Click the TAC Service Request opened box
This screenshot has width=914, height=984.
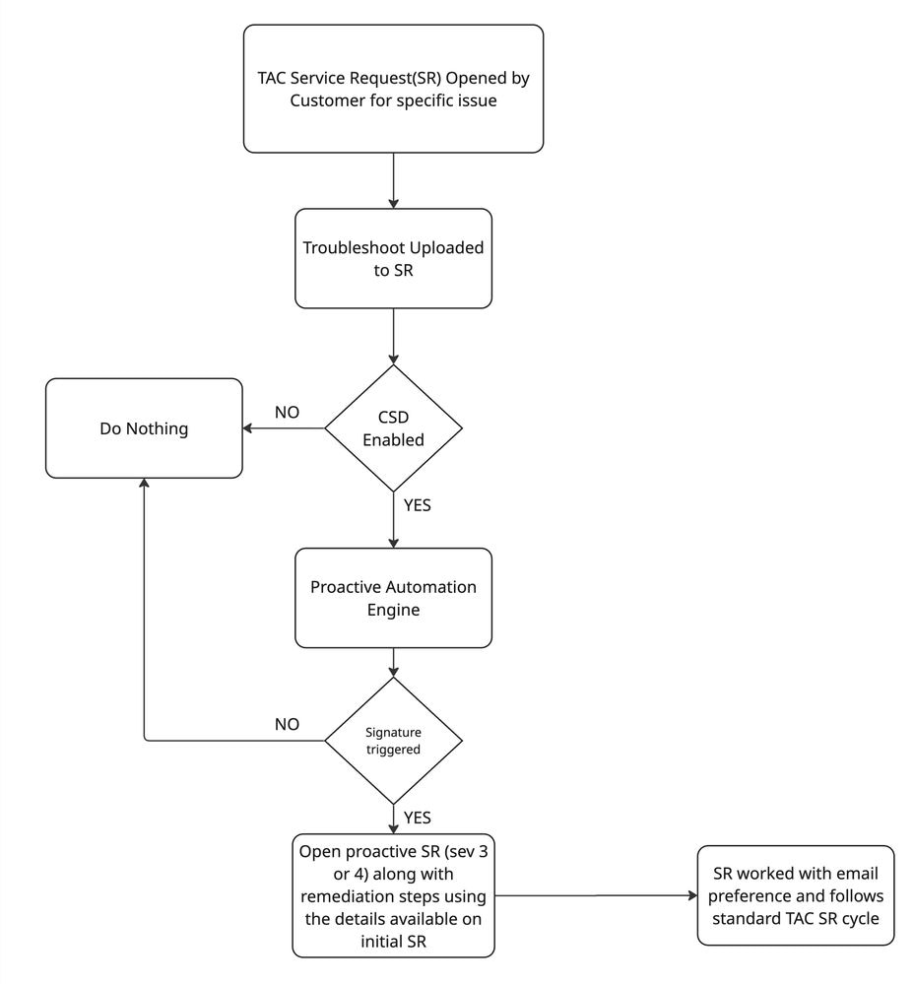pyautogui.click(x=393, y=89)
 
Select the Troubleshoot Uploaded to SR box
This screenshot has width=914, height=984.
pyautogui.click(x=393, y=258)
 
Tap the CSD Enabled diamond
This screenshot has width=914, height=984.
pyautogui.click(x=393, y=428)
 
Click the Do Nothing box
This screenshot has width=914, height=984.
pyautogui.click(x=144, y=428)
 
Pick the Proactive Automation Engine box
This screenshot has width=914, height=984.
pyautogui.click(x=393, y=598)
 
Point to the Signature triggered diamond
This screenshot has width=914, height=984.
pyautogui.click(x=393, y=741)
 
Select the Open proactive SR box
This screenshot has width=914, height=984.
pyautogui.click(x=393, y=895)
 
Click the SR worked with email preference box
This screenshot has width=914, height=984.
pyautogui.click(x=796, y=895)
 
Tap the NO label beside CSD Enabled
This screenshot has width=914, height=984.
pyautogui.click(x=287, y=412)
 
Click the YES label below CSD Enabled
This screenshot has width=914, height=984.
pyautogui.click(x=418, y=506)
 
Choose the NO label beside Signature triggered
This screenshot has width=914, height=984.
pyautogui.click(x=287, y=724)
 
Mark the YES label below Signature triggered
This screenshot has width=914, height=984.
pyautogui.click(x=418, y=818)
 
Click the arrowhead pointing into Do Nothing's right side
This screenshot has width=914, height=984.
pyautogui.click(x=249, y=428)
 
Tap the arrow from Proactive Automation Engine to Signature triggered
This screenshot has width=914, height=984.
pyautogui.click(x=393, y=662)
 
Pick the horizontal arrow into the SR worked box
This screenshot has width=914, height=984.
pyautogui.click(x=595, y=896)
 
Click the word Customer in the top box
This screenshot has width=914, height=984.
pyautogui.click(x=324, y=100)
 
